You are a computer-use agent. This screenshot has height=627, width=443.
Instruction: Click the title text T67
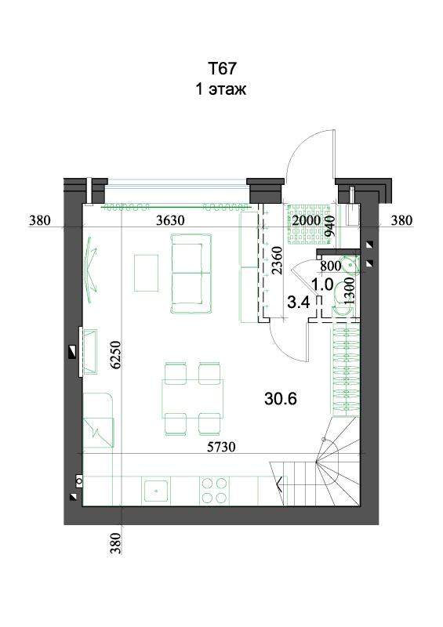click(x=222, y=68)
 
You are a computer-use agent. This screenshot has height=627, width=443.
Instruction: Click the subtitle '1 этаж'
click(x=221, y=89)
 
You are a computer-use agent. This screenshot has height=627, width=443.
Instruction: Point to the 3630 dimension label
click(x=170, y=220)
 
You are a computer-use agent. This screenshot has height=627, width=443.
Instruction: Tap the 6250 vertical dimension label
click(x=115, y=355)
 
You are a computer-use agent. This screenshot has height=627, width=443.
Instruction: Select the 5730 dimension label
click(x=221, y=447)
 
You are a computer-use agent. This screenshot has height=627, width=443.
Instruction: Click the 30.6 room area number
click(x=281, y=399)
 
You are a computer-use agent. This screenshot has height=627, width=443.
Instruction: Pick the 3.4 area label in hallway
click(x=299, y=303)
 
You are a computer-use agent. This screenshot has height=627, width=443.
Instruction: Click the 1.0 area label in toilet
click(x=322, y=285)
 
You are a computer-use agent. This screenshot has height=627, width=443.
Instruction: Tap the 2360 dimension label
click(x=277, y=260)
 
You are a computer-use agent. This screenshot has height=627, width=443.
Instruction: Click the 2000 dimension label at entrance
click(x=306, y=220)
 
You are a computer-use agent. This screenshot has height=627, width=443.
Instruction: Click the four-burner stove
click(x=215, y=491)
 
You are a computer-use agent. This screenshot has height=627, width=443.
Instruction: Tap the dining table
click(x=192, y=399)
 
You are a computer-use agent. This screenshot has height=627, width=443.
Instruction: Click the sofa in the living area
click(x=191, y=274)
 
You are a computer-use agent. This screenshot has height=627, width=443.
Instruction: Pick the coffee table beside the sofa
click(x=146, y=273)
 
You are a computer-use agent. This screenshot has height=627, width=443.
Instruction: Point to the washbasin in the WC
click(x=348, y=264)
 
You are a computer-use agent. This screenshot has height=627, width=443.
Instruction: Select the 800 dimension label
click(x=331, y=266)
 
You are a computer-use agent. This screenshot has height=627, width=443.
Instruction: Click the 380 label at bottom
click(x=115, y=543)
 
